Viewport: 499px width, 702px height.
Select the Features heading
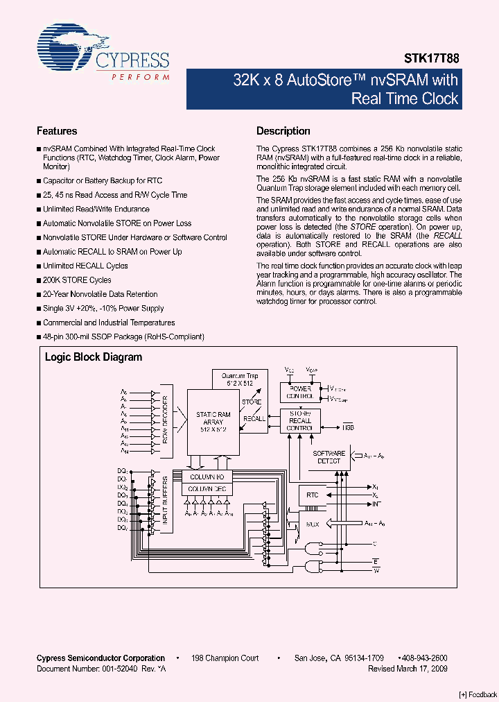[57, 131]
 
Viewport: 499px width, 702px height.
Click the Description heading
[283, 131]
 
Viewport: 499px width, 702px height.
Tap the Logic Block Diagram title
[94, 357]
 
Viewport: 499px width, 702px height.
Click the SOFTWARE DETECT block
[329, 457]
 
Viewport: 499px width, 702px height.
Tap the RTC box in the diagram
[313, 495]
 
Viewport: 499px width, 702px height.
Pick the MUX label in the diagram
[313, 524]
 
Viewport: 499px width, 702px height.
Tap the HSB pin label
[347, 428]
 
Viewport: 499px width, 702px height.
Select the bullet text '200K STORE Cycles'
[77, 280]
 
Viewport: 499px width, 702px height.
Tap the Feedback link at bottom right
[478, 694]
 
